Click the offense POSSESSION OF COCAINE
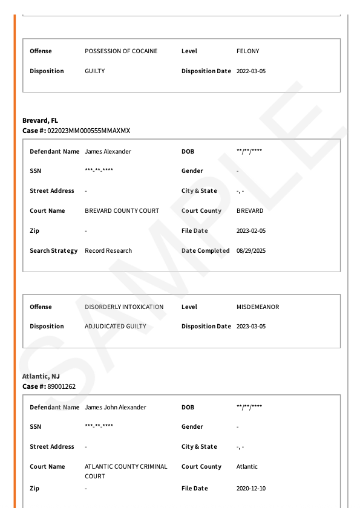pyautogui.click(x=121, y=51)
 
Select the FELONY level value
pyautogui.click(x=247, y=51)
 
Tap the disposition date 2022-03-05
pyautogui.click(x=250, y=71)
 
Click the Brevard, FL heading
pyautogui.click(x=40, y=121)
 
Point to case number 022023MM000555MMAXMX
pyautogui.click(x=88, y=131)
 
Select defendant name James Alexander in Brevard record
pyautogui.click(x=108, y=152)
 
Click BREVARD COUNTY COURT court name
pyautogui.click(x=122, y=211)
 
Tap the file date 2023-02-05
pyautogui.click(x=250, y=231)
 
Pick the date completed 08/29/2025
pyautogui.click(x=250, y=251)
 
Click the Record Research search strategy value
pyautogui.click(x=108, y=251)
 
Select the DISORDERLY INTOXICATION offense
pyautogui.click(x=124, y=307)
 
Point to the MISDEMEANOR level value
pyautogui.click(x=258, y=307)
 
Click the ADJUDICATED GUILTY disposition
pyautogui.click(x=116, y=327)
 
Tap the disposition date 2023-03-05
pyautogui.click(x=250, y=327)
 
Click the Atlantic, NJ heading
pyautogui.click(x=41, y=377)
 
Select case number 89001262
pyautogui.click(x=61, y=386)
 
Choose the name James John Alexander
pyautogui.click(x=115, y=408)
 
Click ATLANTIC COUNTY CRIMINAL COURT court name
pyautogui.click(x=126, y=471)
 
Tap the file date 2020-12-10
pyautogui.click(x=250, y=489)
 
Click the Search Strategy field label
pyautogui.click(x=53, y=251)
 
